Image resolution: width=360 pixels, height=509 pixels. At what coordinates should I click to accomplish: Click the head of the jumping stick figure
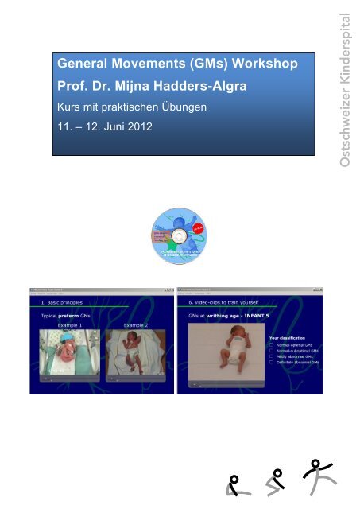point(317,463)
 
